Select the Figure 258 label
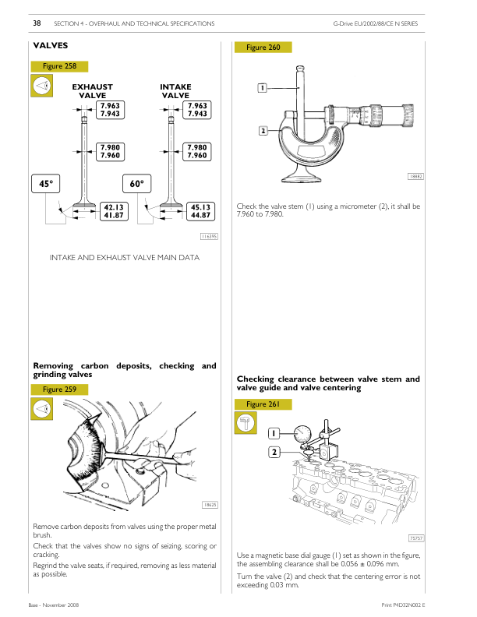(x=59, y=67)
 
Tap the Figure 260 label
(x=263, y=48)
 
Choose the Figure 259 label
(x=59, y=390)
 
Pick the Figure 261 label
(x=263, y=404)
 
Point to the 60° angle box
(x=137, y=183)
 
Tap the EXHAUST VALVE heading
(x=92, y=91)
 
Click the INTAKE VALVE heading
(x=175, y=91)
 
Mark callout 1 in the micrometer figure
(x=263, y=88)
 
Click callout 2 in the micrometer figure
(x=263, y=131)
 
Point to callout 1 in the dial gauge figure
(x=274, y=433)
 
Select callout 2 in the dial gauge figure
(x=274, y=452)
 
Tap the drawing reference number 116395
(x=208, y=236)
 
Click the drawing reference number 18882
(x=415, y=177)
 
